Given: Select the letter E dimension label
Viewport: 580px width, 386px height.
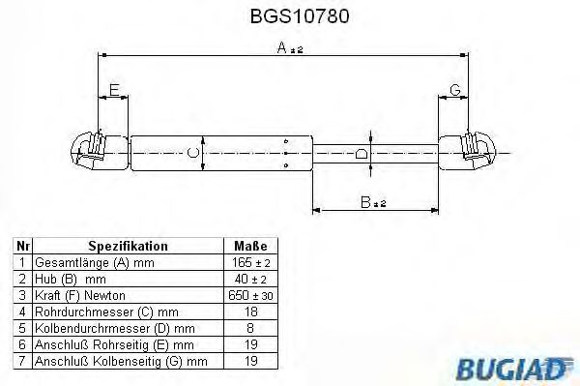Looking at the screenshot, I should (x=114, y=91).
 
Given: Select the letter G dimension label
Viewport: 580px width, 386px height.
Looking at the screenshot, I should (x=454, y=91).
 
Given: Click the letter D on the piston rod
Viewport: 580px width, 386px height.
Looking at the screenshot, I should (x=360, y=152).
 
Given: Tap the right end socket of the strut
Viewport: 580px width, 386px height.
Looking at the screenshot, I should (x=476, y=151).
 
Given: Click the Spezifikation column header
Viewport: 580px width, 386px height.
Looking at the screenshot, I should (x=128, y=246).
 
